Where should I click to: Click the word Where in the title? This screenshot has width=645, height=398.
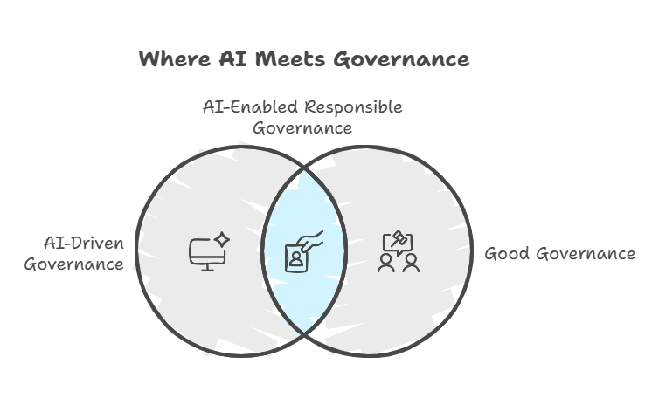(x=175, y=58)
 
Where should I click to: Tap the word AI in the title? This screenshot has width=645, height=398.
(x=232, y=58)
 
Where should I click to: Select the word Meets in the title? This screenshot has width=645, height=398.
(x=290, y=58)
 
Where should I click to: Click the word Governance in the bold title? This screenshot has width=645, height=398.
(x=401, y=59)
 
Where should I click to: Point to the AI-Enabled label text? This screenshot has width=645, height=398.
(x=250, y=107)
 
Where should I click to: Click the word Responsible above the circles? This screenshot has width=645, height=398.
(x=354, y=107)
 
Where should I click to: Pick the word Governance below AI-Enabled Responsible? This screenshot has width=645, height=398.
(x=302, y=128)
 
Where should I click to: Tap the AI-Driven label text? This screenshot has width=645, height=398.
(x=84, y=244)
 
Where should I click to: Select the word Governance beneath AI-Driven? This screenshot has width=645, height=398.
(x=74, y=264)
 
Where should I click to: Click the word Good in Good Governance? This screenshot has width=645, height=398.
(x=507, y=253)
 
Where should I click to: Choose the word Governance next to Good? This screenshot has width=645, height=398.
(x=586, y=253)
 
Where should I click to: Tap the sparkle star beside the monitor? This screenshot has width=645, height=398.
(x=222, y=239)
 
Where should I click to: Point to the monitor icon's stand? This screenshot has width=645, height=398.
(x=207, y=268)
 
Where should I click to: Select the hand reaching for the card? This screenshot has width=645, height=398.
(x=310, y=242)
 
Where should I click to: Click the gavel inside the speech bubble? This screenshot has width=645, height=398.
(x=399, y=238)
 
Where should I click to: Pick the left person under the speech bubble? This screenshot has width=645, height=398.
(x=386, y=264)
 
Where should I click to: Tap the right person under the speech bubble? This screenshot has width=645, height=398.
(x=411, y=264)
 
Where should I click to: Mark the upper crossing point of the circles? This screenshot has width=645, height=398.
(x=304, y=168)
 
